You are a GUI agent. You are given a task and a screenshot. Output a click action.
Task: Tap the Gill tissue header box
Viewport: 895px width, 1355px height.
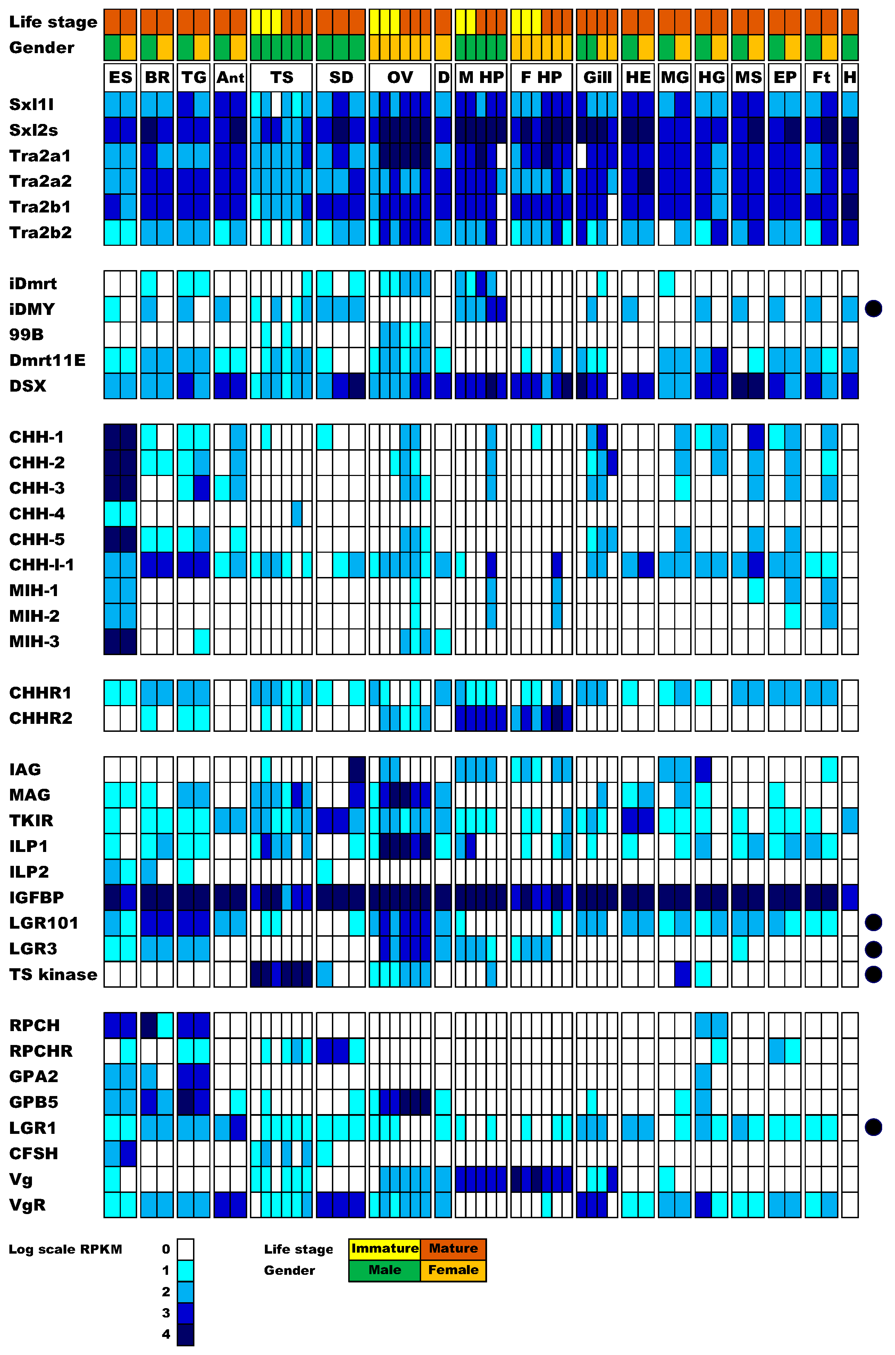click(597, 78)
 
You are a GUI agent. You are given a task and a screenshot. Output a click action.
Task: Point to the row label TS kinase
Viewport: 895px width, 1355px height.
click(53, 974)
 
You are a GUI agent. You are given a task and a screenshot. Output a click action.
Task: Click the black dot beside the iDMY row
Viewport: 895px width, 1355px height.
click(873, 309)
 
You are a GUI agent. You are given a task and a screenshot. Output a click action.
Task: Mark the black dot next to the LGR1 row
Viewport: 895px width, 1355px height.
click(873, 1127)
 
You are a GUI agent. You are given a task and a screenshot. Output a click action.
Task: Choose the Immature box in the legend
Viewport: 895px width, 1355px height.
click(385, 1248)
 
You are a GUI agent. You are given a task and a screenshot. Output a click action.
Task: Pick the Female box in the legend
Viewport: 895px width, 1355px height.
click(453, 1270)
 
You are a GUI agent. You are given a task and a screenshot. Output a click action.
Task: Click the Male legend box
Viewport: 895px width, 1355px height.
click(385, 1270)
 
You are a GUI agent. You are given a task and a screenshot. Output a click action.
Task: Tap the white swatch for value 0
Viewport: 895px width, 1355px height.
click(185, 1249)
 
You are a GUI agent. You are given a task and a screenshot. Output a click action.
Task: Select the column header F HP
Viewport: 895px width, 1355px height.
click(541, 78)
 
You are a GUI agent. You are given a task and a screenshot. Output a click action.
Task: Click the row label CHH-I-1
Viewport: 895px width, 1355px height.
click(42, 565)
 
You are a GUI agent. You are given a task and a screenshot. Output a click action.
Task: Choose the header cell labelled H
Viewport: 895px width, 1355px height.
click(850, 78)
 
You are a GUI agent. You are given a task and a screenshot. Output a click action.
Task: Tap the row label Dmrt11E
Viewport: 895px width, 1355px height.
click(47, 360)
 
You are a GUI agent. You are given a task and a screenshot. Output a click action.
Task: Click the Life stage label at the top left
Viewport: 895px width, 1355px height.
click(53, 22)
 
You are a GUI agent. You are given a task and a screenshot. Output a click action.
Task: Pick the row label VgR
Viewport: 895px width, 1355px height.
click(27, 1205)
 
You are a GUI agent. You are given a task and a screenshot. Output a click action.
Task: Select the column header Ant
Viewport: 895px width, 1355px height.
click(231, 78)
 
